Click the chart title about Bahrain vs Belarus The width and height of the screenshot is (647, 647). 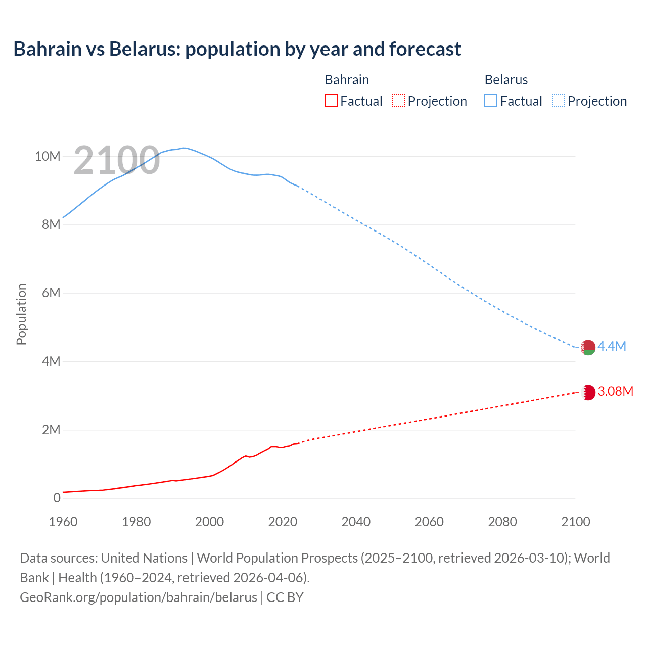pos(237,49)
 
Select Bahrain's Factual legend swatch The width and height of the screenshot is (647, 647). pos(331,101)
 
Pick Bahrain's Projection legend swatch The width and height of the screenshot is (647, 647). pos(398,101)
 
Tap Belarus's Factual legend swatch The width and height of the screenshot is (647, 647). pos(491,101)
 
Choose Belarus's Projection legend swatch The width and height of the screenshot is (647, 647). pos(559,101)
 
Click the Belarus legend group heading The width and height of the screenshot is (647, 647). pos(506,80)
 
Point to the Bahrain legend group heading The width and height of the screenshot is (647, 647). pos(347,80)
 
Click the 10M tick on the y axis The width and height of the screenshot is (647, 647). pos(48,156)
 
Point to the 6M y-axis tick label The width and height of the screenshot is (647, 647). pos(51,293)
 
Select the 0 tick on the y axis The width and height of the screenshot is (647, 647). pos(57,498)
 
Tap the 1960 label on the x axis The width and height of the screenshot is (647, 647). pos(63,522)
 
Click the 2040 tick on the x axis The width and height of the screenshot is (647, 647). pos(356,522)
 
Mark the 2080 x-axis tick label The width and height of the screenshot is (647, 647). pos(502,522)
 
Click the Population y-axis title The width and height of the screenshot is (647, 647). pos(21,314)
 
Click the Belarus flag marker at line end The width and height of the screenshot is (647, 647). pos(588,347)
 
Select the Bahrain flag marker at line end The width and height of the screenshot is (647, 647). pos(588,392)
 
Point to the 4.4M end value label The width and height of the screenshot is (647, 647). pos(612,346)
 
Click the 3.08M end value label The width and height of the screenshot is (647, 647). pos(615,392)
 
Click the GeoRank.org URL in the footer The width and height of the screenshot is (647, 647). pos(138,597)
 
